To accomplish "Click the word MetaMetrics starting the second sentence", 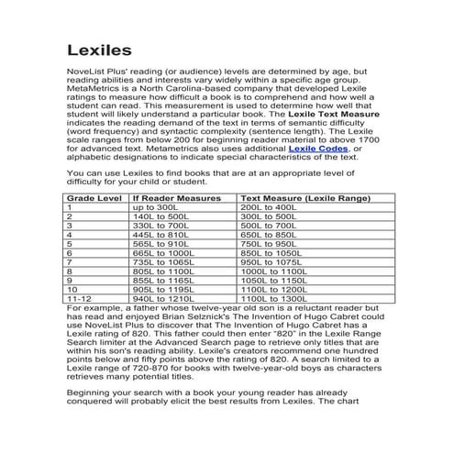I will [x=97, y=89].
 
